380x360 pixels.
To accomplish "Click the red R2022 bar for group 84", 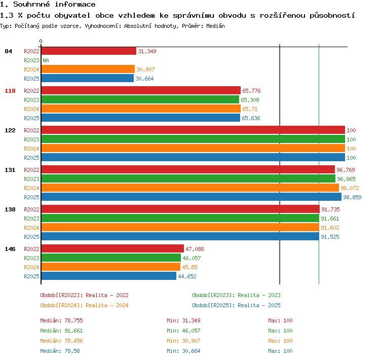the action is click(89, 51).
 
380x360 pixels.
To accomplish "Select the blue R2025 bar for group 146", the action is click(109, 276).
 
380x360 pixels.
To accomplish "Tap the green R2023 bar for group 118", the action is click(140, 99).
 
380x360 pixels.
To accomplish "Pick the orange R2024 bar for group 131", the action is click(190, 188).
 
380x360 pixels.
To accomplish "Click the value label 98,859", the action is click(352, 197).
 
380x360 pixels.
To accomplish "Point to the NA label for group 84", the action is click(46, 60).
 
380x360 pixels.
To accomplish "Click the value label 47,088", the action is click(195, 249).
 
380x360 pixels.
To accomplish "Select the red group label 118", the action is click(10, 91).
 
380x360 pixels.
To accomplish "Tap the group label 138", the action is click(10, 209).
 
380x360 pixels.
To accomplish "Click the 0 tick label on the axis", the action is click(41, 41).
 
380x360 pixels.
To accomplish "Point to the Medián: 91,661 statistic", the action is click(61, 331).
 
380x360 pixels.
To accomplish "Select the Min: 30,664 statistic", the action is click(183, 351).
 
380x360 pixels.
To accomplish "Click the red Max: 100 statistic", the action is click(280, 320).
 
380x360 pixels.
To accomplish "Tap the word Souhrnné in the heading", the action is click(31, 4).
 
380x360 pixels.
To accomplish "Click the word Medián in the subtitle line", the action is click(215, 26).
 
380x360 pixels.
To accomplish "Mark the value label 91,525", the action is click(330, 237).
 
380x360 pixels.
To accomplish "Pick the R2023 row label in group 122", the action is click(31, 139).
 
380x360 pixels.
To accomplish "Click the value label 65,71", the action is click(250, 109).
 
